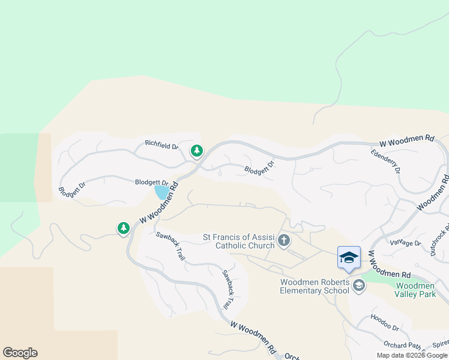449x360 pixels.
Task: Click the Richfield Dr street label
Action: pyautogui.click(x=162, y=145)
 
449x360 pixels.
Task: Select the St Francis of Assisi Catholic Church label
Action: pyautogui.click(x=239, y=241)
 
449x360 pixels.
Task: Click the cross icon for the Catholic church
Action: pyautogui.click(x=284, y=241)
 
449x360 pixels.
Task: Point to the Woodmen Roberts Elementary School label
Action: pyautogui.click(x=315, y=286)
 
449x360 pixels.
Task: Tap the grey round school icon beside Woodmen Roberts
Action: pyautogui.click(x=360, y=286)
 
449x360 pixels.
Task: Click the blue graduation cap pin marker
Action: pyautogui.click(x=349, y=258)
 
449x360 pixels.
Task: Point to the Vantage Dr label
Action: pyautogui.click(x=405, y=243)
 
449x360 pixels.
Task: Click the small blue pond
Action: pyautogui.click(x=161, y=193)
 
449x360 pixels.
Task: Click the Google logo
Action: pyautogui.click(x=20, y=353)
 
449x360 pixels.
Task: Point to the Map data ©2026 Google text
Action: pyautogui.click(x=412, y=355)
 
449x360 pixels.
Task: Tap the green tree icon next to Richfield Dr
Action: pyautogui.click(x=196, y=151)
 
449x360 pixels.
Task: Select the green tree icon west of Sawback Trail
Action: pyautogui.click(x=124, y=228)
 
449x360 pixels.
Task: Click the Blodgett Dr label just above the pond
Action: pyautogui.click(x=151, y=182)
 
